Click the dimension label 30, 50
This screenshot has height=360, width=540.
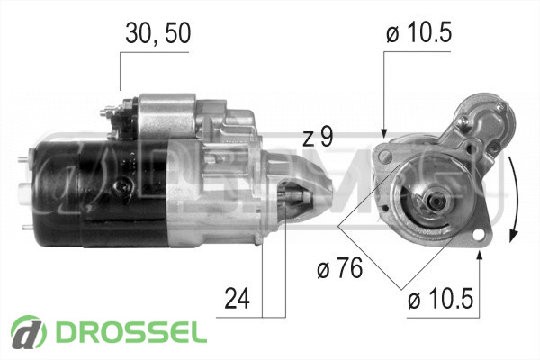[157, 33]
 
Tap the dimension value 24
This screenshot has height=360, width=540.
[237, 298]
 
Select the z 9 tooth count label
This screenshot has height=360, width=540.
[319, 138]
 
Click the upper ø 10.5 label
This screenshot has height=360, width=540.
[418, 33]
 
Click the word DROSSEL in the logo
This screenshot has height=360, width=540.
[131, 333]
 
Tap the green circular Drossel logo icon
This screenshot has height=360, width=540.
[28, 332]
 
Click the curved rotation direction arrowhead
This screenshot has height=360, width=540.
[514, 236]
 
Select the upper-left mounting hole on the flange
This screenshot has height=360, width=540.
[384, 157]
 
